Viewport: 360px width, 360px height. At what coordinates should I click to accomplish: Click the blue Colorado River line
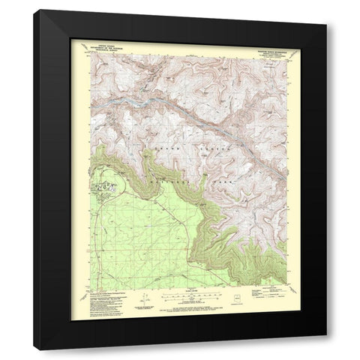point(142,97)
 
